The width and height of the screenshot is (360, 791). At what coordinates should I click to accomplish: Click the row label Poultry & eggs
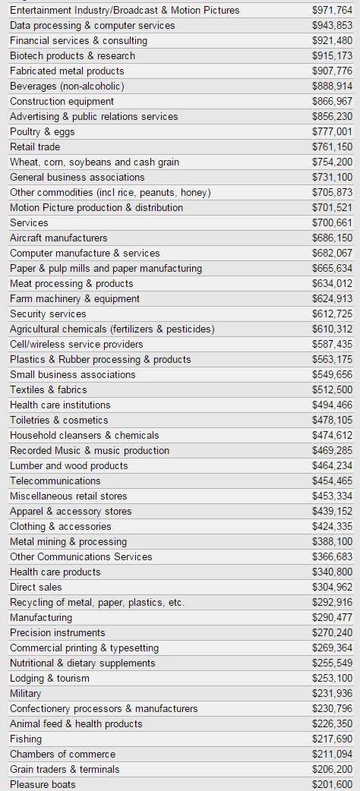[x=43, y=131]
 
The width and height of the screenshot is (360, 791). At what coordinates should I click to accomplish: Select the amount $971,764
[x=332, y=10]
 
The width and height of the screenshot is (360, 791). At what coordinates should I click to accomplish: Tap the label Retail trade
[x=35, y=147]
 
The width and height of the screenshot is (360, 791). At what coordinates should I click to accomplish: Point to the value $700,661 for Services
[x=332, y=222]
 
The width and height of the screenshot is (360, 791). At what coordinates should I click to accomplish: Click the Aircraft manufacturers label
[x=58, y=238]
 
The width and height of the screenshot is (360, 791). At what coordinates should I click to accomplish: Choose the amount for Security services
[x=332, y=314]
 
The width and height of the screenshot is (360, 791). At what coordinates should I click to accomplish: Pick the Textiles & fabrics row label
[x=49, y=389]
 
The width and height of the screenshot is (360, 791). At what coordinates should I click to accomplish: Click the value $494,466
[x=332, y=405]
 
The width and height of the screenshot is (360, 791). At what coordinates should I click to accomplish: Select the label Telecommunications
[x=55, y=481]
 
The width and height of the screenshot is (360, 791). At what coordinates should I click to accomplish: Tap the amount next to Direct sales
[x=332, y=587]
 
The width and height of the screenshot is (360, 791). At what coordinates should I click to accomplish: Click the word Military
[x=26, y=694]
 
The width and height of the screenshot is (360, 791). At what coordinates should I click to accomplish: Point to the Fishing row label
[x=26, y=739]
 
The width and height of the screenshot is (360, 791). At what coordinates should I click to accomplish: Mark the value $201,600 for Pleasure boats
[x=332, y=784]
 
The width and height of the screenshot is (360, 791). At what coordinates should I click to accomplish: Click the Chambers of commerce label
[x=62, y=754]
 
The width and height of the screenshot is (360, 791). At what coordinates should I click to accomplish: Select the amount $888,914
[x=332, y=87]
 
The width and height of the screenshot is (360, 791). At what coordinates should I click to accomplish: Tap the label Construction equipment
[x=62, y=102]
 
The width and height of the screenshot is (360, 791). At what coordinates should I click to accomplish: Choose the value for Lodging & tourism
[x=332, y=678]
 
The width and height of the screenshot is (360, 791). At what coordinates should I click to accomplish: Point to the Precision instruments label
[x=58, y=632]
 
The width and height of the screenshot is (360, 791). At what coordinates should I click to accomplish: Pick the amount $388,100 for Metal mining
[x=332, y=541]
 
